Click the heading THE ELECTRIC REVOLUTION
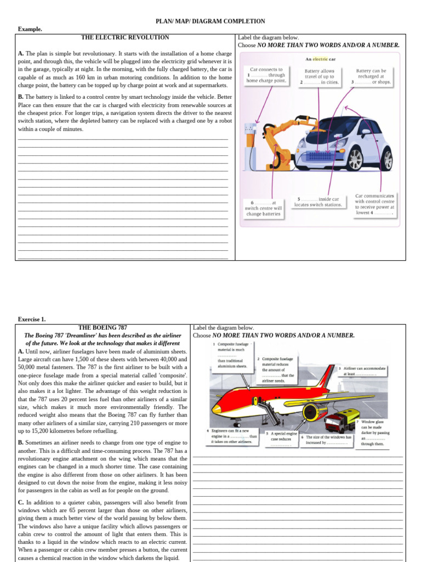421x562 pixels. click(x=125, y=38)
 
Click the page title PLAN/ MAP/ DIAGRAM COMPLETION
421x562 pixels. click(x=210, y=21)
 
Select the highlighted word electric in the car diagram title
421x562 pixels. click(x=320, y=59)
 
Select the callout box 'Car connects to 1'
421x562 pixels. click(x=266, y=76)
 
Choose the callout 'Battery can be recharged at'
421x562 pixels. click(x=371, y=76)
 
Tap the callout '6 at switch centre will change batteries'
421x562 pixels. click(x=263, y=209)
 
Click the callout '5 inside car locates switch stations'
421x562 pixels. click(x=318, y=202)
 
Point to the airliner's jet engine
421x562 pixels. click(x=314, y=412)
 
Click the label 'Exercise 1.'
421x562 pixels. click(x=32, y=319)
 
